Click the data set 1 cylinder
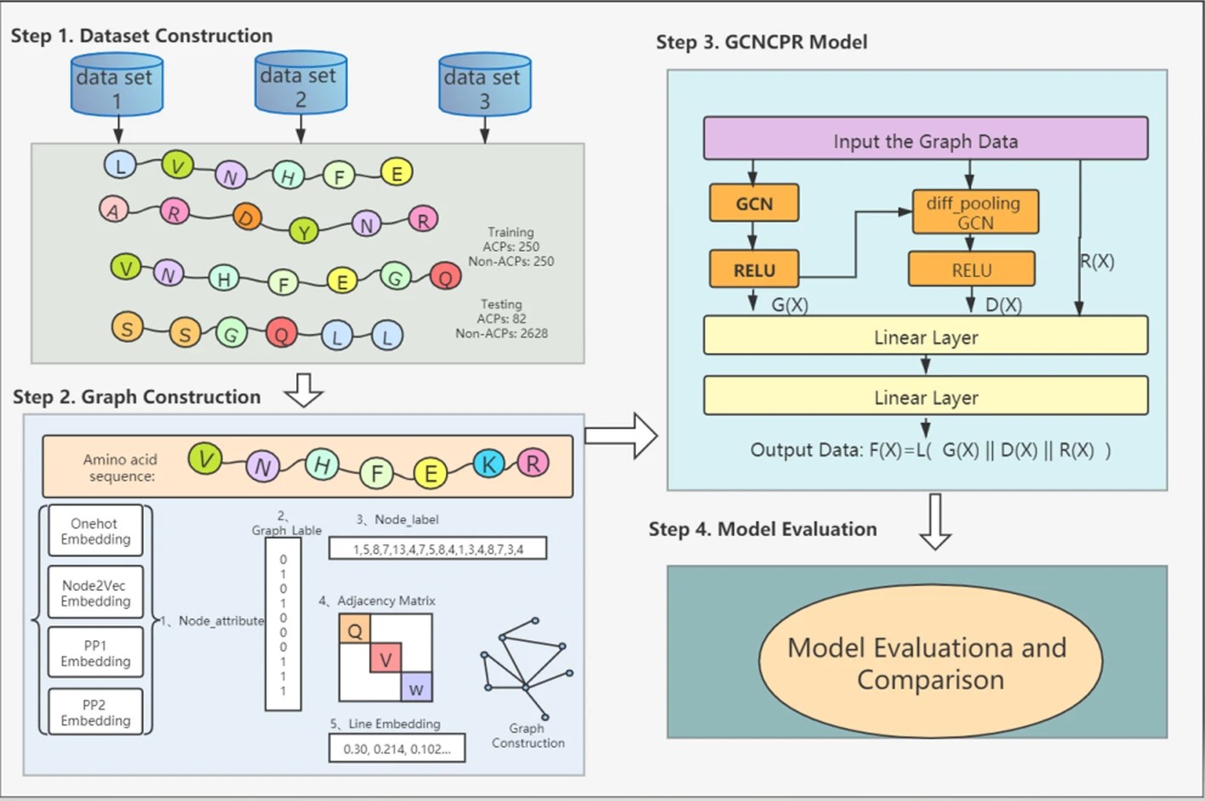tap(117, 85)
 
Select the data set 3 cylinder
tap(484, 86)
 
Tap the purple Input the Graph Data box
tap(925, 139)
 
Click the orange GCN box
tap(754, 203)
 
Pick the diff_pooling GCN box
tap(974, 212)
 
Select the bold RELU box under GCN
tap(754, 270)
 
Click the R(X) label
tap(1097, 261)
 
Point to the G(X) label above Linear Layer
tap(790, 304)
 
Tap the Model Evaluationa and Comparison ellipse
tap(929, 663)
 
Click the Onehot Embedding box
tap(95, 531)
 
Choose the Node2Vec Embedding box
tap(95, 593)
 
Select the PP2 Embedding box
tap(95, 712)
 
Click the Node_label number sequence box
tap(437, 549)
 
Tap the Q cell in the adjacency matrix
tap(354, 630)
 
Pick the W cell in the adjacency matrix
tap(416, 688)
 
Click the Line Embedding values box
tap(397, 748)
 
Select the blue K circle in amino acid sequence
tap(488, 465)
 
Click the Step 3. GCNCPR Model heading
tap(761, 42)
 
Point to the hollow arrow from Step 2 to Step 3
tap(621, 436)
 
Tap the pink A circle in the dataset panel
tap(112, 209)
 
